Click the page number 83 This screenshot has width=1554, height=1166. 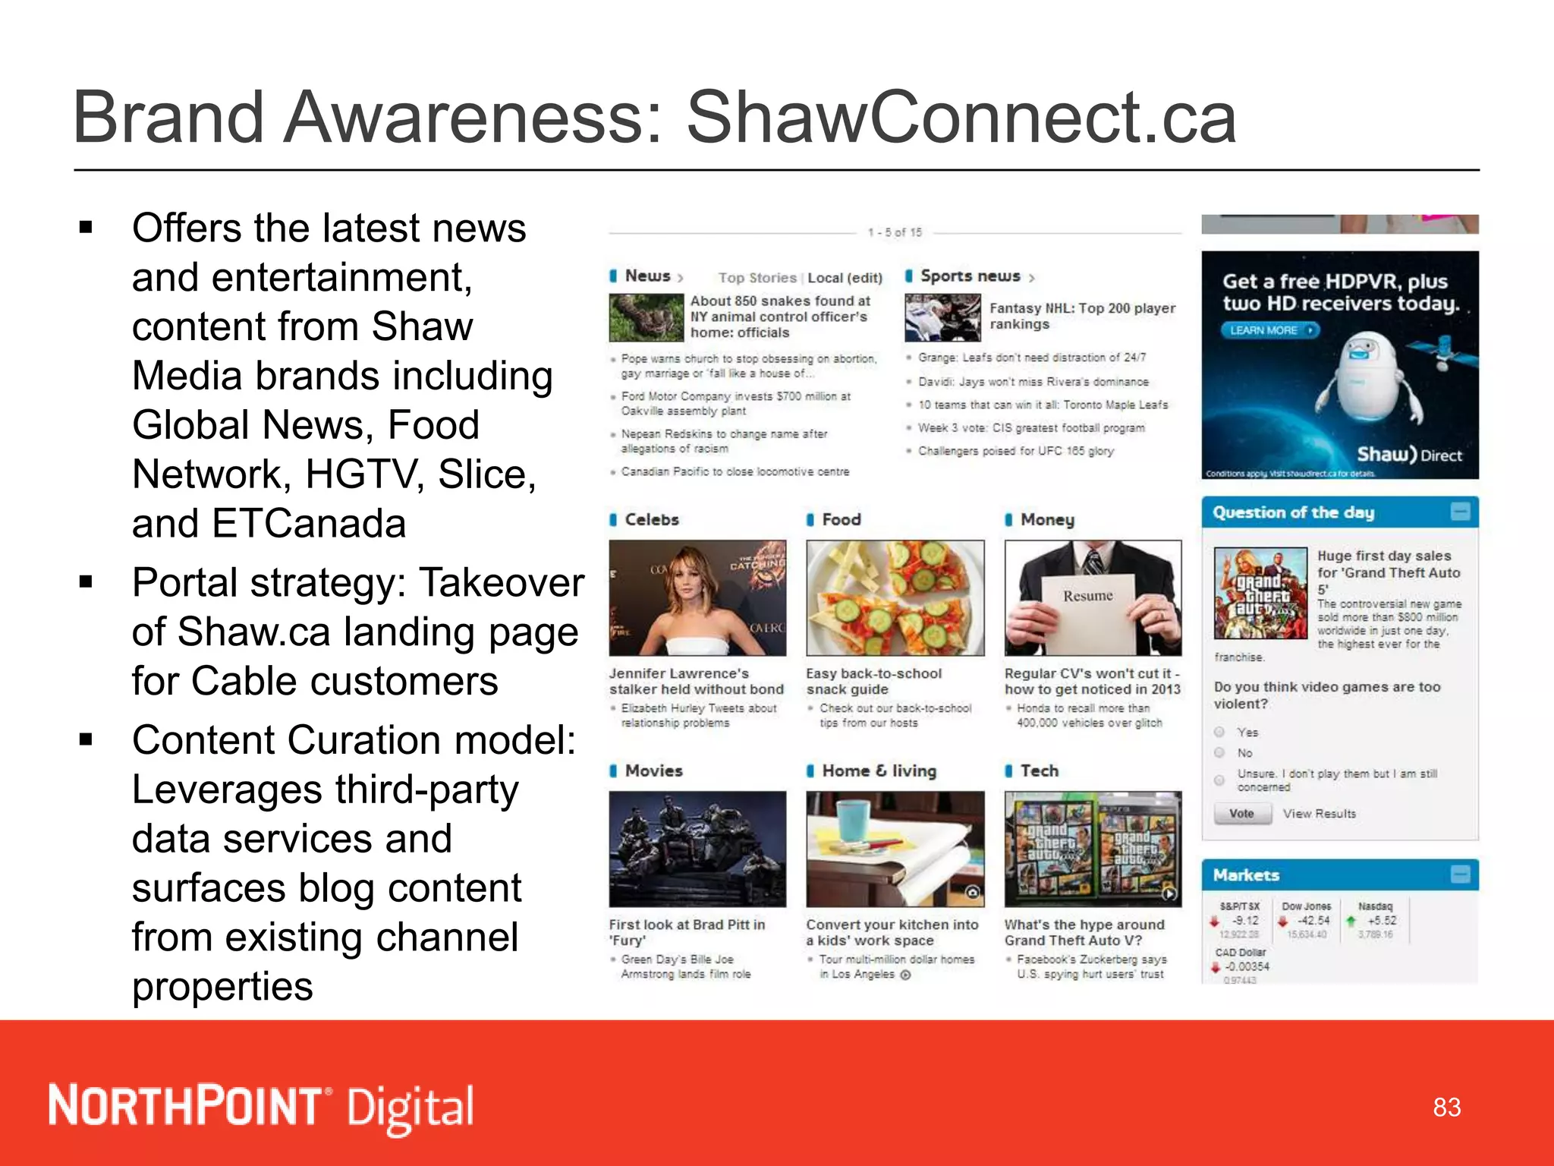coord(1446,1108)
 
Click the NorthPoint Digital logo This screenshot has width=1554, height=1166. coord(261,1107)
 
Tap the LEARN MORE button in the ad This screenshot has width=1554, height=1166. coord(1270,330)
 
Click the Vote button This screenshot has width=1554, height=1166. coord(1241,814)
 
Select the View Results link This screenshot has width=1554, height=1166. coord(1319,814)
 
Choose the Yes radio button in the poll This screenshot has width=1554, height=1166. coord(1219,732)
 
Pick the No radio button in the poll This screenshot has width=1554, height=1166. coord(1219,752)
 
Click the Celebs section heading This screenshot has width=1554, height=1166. coord(651,520)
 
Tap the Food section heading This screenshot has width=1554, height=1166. coord(841,520)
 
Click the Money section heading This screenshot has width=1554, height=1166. coord(1046,520)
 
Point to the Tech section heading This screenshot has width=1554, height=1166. coord(1039,771)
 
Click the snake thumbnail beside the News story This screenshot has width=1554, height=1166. coord(646,318)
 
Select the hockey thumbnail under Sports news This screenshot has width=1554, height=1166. coord(942,318)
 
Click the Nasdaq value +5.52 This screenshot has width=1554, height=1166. coord(1382,921)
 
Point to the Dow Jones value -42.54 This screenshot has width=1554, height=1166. coord(1313,921)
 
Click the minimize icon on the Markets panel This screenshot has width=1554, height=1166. coord(1460,874)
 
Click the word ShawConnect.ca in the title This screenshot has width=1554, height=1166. coord(961,118)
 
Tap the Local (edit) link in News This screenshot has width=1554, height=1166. coord(845,278)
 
